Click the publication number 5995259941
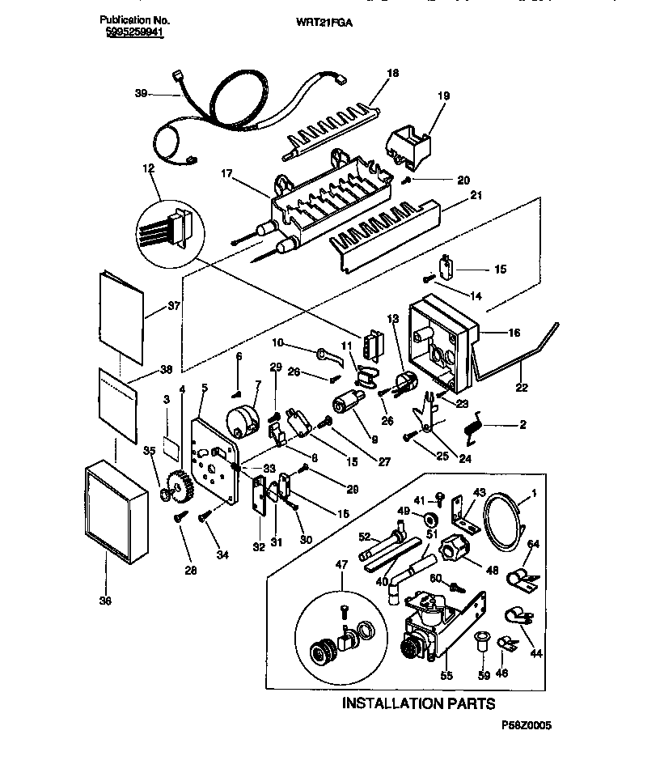point(134,35)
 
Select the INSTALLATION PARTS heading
point(417,703)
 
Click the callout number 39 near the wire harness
point(141,94)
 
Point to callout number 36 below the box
point(105,600)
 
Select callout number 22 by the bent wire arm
point(522,388)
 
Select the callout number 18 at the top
point(393,73)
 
